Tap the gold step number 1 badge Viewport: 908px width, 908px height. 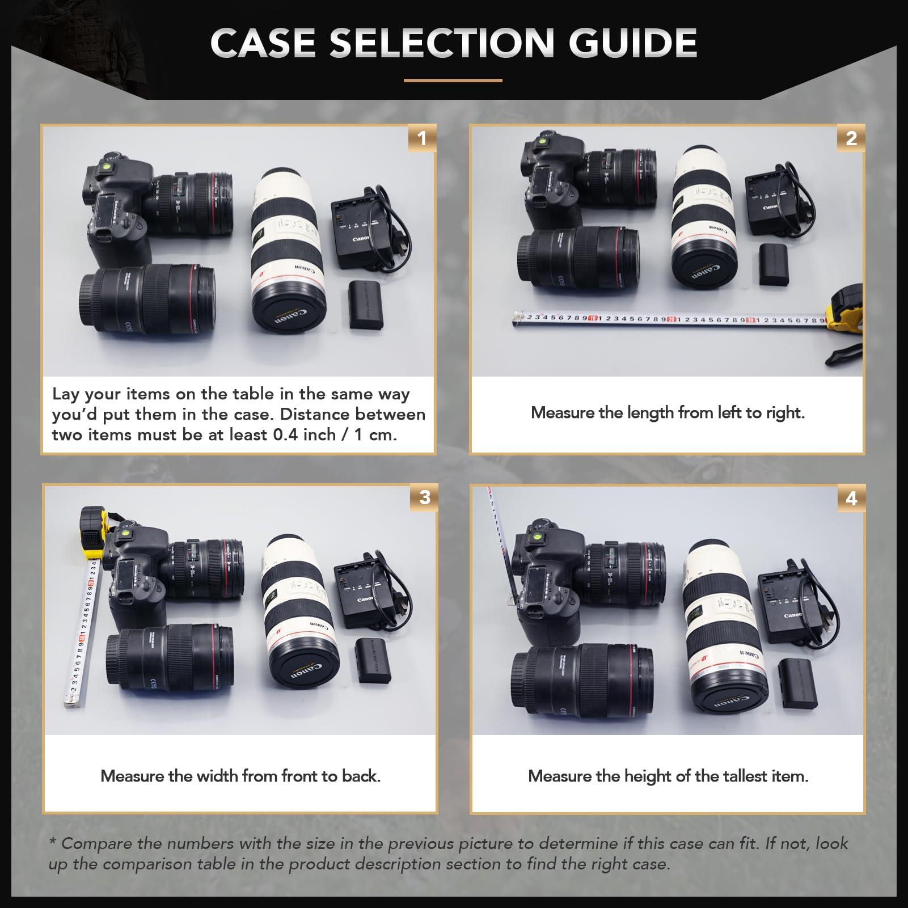coord(421,138)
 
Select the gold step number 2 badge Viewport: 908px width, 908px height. coord(851,138)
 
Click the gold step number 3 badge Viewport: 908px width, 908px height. coord(424,497)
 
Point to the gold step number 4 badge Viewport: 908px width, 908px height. coord(851,498)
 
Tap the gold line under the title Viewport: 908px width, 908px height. coord(453,81)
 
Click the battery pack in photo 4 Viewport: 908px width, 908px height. coord(797,682)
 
